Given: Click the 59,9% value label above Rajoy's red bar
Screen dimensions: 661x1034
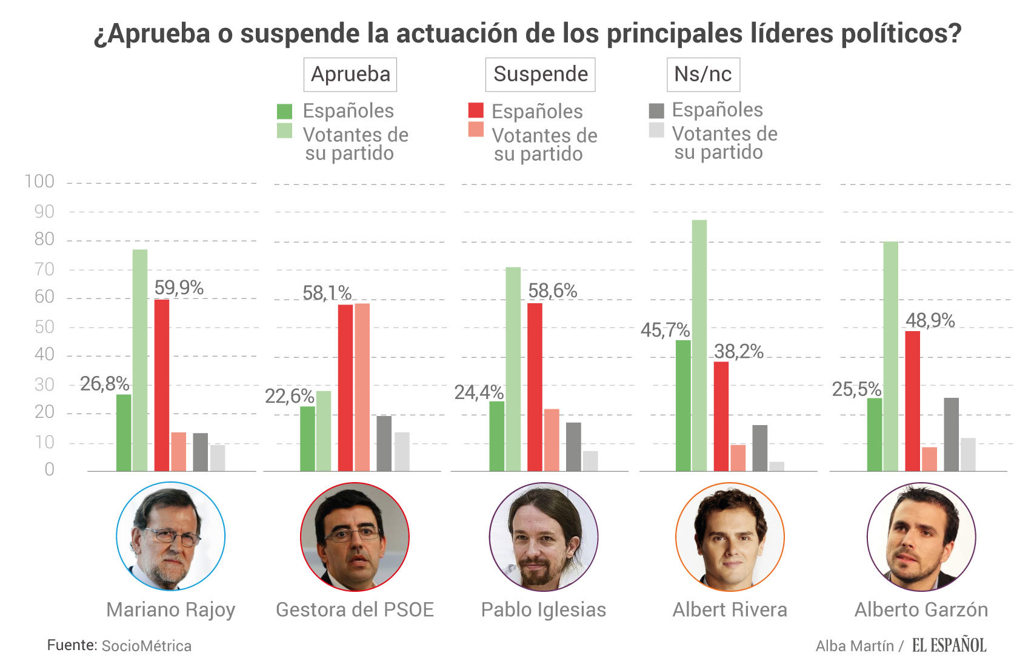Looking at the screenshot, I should pos(179,287).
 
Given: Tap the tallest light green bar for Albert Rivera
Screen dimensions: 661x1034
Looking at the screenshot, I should pos(699,345).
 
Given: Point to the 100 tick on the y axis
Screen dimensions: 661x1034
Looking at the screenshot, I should pos(39,181).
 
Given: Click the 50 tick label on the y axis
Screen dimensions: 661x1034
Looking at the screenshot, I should pos(44,327).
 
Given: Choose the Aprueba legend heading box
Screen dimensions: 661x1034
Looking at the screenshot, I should pos(350,74).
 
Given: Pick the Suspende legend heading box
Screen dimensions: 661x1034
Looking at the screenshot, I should pos(540,74).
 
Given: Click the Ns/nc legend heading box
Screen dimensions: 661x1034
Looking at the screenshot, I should pos(703,74).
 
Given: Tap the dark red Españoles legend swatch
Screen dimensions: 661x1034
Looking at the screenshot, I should pos(476,110).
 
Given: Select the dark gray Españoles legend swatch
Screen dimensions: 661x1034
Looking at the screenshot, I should pos(656,110).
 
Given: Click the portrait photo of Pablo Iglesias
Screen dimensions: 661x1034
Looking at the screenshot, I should pos(544,536).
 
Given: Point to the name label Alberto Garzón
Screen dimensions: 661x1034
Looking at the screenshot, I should pos(921,609).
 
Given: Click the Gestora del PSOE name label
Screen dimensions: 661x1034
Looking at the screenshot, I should pos(355,609).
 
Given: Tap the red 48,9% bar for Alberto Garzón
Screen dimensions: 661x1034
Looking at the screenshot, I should pos(912,401).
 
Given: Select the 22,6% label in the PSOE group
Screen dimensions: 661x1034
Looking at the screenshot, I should pos(289,396).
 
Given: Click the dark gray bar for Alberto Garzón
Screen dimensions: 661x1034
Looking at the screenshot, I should pos(951,434).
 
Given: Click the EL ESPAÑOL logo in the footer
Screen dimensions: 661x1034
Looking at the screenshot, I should pos(949,645).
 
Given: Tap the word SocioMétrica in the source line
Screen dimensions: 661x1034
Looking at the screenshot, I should pos(147,646).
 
